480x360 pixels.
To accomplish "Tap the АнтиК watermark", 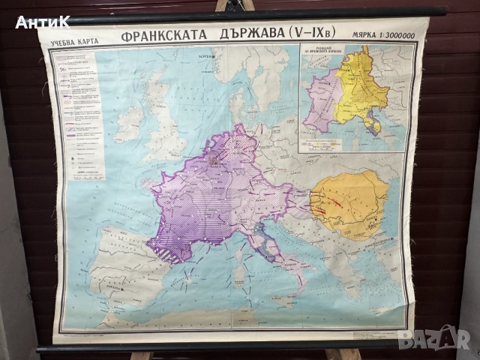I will [42, 22].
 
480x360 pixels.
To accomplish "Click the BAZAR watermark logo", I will [434, 338].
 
